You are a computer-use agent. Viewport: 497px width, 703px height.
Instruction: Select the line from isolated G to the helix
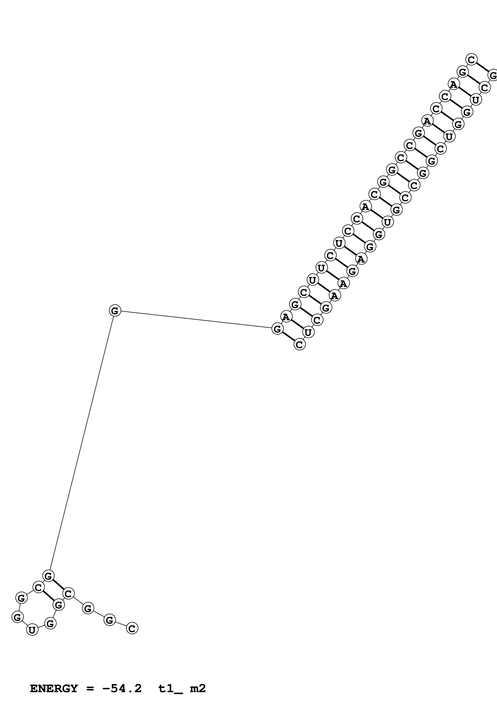(x=196, y=320)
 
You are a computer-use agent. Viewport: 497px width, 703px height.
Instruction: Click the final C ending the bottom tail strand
(x=132, y=628)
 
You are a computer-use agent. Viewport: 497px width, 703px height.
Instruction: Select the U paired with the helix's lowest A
(x=308, y=332)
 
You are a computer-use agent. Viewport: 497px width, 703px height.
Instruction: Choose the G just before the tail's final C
(x=109, y=620)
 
